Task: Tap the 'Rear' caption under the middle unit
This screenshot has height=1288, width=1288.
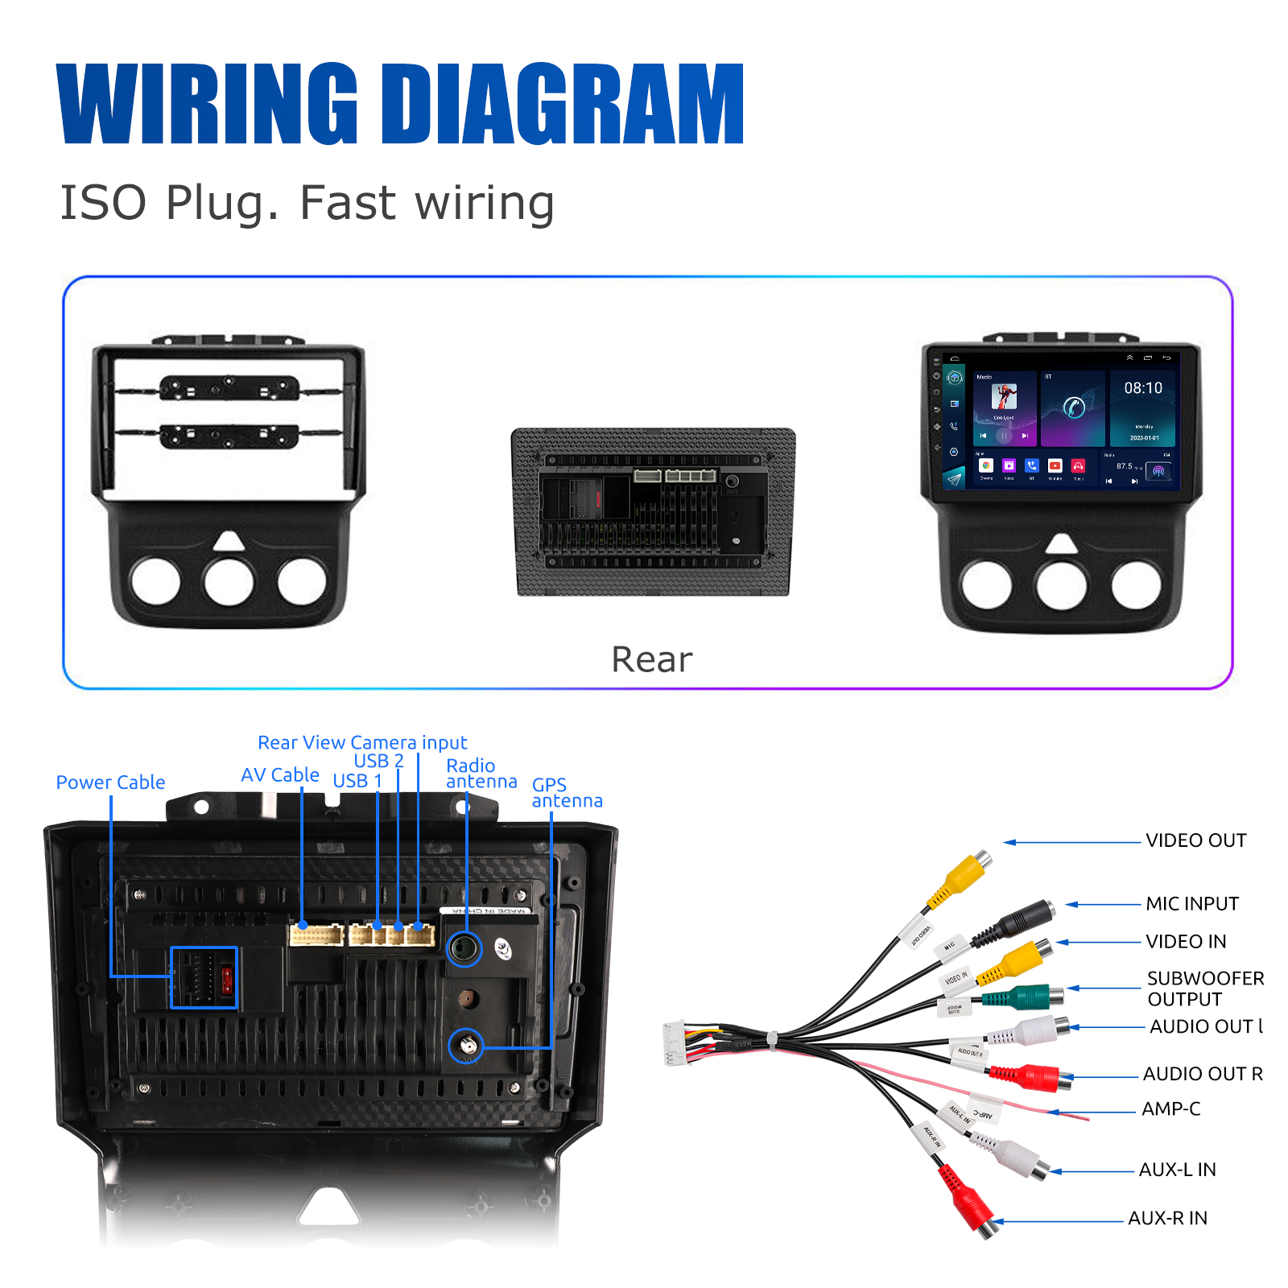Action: [x=651, y=659]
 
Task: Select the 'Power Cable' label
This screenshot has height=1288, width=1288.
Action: [x=110, y=782]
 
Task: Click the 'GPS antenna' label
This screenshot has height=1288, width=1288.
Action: [x=566, y=793]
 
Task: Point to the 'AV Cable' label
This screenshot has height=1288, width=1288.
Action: [x=280, y=775]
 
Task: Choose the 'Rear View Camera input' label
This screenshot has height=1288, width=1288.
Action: [x=362, y=742]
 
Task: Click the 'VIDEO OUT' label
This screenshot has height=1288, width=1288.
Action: [x=1195, y=840]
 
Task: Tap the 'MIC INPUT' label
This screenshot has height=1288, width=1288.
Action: [x=1191, y=904]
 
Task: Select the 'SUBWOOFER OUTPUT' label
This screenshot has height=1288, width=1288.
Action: [x=1205, y=989]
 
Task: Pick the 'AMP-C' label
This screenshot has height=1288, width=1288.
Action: [x=1170, y=1109]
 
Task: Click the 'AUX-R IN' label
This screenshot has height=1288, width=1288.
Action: [x=1167, y=1219]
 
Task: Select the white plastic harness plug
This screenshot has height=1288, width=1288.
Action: [x=674, y=1042]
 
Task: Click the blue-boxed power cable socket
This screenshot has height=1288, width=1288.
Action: [x=204, y=977]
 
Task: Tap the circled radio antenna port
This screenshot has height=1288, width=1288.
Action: [x=464, y=949]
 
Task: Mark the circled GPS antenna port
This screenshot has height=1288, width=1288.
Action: [x=465, y=1046]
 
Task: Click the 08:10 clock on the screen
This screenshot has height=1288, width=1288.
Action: [x=1143, y=388]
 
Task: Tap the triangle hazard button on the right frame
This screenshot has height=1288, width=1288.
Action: [x=1062, y=543]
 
